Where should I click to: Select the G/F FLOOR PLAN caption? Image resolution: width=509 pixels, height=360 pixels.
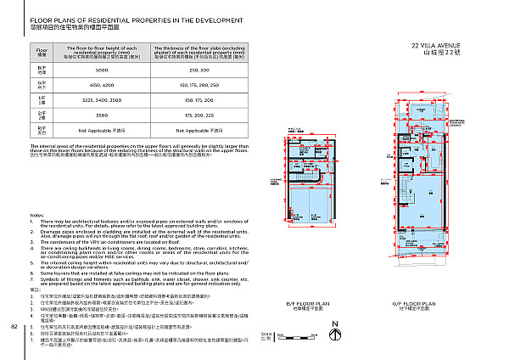pyautogui.click(x=413, y=303)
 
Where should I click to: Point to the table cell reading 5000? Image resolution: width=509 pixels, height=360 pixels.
pyautogui.click(x=101, y=70)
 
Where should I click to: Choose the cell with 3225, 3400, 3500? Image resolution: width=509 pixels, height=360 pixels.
pyautogui.click(x=101, y=98)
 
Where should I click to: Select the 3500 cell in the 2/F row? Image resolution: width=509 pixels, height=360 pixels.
pyautogui.click(x=101, y=113)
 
